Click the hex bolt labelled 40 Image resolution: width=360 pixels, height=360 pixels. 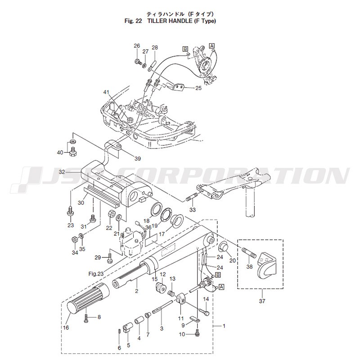(x=72, y=153)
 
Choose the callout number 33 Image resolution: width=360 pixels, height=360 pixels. (x=192, y=210)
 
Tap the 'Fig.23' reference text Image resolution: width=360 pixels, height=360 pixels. (x=96, y=273)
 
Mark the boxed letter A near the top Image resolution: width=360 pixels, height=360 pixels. (x=212, y=45)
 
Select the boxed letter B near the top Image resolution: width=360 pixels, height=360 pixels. (x=185, y=48)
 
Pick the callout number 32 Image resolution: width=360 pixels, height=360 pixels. (x=75, y=172)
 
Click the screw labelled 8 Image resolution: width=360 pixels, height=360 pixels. (x=86, y=318)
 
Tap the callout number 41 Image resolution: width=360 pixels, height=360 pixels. (x=106, y=92)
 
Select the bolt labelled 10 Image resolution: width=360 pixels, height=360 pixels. (x=198, y=333)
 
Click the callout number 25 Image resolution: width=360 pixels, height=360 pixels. (x=198, y=88)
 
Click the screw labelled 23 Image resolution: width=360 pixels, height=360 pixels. (x=71, y=210)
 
